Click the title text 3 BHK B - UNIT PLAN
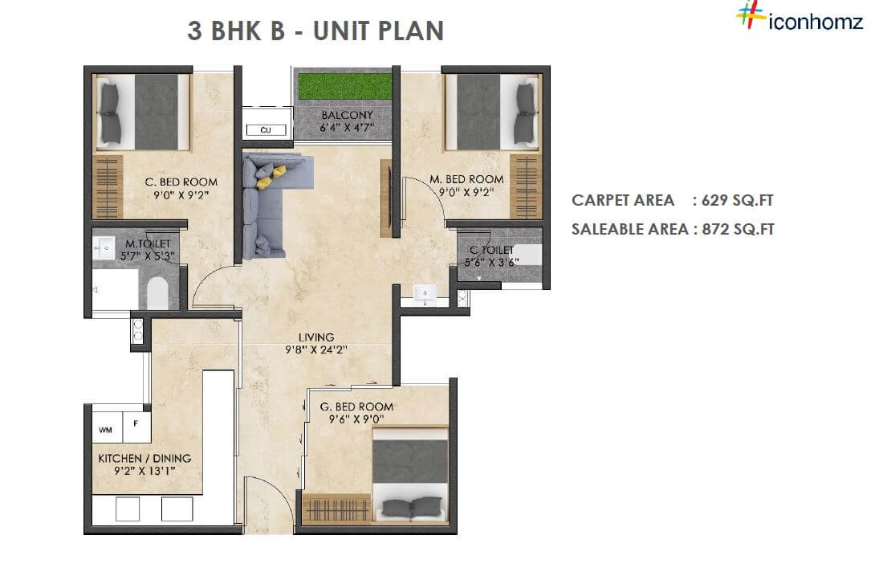315,31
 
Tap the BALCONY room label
347,116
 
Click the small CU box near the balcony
265,129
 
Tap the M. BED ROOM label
466,178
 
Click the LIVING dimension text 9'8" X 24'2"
315,350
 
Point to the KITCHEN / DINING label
144,458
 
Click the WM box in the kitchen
105,430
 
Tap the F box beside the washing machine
136,423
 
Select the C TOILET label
491,250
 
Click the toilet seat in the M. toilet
157,293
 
